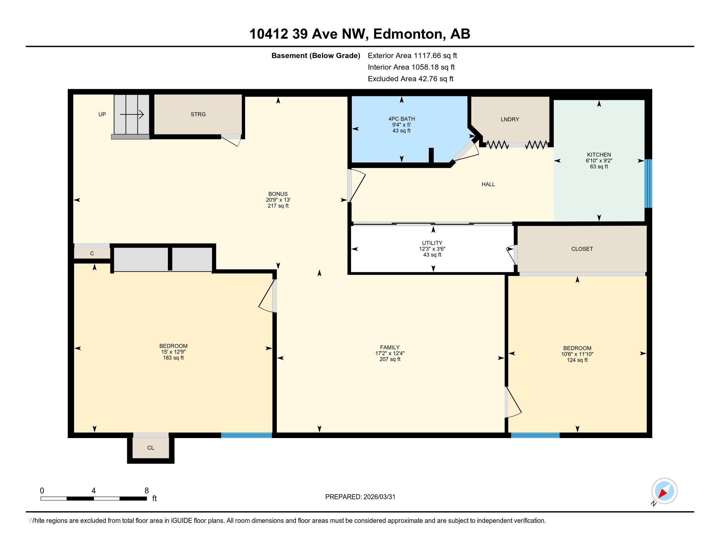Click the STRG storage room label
(198, 114)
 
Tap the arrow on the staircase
(132, 114)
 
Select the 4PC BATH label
(401, 119)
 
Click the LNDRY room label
(510, 120)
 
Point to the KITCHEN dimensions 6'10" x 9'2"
(599, 161)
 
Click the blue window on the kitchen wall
(648, 183)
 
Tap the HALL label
(488, 184)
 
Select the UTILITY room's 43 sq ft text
(432, 255)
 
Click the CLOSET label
(582, 249)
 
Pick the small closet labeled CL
(151, 448)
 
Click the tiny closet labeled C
(92, 253)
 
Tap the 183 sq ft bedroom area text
(173, 358)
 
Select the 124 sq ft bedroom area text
(577, 360)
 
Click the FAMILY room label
(390, 347)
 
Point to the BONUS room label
(278, 194)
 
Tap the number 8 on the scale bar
(146, 491)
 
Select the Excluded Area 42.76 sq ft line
(410, 79)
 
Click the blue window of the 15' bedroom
(246, 435)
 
